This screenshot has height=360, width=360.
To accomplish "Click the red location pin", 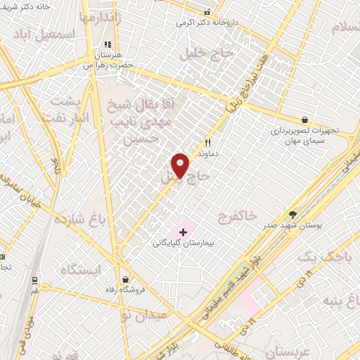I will click(181, 166).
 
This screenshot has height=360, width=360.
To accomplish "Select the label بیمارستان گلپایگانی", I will click(182, 243).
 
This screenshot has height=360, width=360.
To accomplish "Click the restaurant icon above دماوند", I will click(207, 142).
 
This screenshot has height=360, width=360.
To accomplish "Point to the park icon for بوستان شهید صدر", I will click(293, 214).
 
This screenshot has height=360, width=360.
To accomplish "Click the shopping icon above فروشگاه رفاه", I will click(125, 278).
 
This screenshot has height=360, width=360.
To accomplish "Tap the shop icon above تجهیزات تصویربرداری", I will click(304, 120).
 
